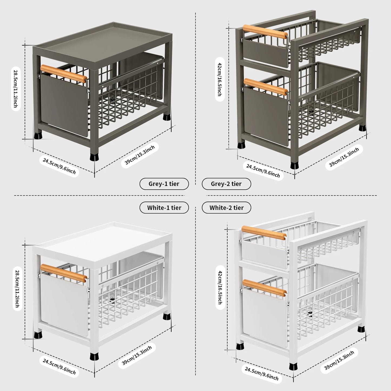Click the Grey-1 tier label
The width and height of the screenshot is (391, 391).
click(x=164, y=184)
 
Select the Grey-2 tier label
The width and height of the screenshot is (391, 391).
click(x=226, y=184)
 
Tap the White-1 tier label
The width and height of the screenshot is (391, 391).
click(x=164, y=208)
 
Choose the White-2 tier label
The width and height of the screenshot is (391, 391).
click(x=226, y=208)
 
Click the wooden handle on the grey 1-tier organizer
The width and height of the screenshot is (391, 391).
click(x=64, y=73)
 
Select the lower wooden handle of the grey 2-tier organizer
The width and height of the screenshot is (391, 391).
click(x=265, y=87)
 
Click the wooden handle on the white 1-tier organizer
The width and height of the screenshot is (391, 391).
click(x=64, y=273)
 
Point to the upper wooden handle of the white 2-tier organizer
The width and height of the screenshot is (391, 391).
click(x=264, y=233)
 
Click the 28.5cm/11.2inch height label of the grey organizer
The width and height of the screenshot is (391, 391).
click(x=16, y=88)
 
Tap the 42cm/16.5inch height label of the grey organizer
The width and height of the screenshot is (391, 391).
click(x=220, y=79)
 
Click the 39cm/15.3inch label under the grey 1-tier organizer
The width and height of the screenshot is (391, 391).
click(x=140, y=155)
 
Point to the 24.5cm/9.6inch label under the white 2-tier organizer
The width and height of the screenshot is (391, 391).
click(x=262, y=373)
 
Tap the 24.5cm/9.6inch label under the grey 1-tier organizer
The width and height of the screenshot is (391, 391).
click(x=59, y=166)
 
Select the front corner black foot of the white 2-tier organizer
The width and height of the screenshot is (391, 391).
click(x=293, y=366)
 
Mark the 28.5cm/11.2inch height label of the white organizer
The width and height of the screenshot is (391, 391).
click(x=17, y=288)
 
